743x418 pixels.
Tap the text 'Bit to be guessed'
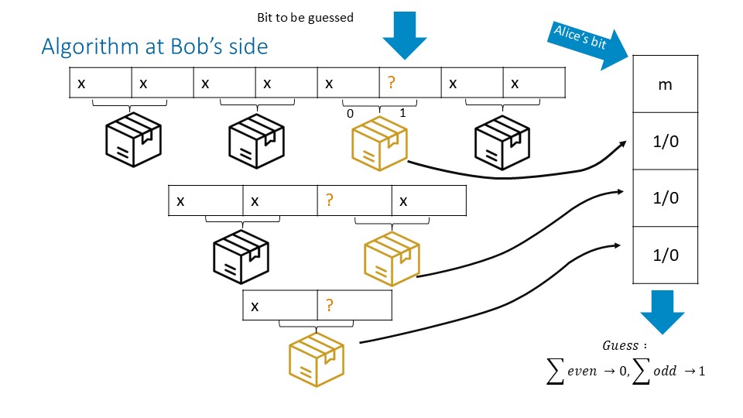(x=305, y=17)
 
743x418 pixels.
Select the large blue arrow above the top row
(x=404, y=35)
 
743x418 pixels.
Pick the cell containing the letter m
(x=665, y=84)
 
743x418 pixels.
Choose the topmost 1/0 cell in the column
(x=665, y=141)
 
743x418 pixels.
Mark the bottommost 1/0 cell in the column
(x=665, y=255)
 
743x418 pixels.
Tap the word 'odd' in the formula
(x=665, y=371)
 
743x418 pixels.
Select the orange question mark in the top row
(x=391, y=83)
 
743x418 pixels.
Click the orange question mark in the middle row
(x=329, y=200)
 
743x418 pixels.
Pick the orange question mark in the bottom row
(x=329, y=305)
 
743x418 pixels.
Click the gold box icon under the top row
(x=379, y=143)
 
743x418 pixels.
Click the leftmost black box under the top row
(x=132, y=143)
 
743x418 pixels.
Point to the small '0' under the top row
(x=350, y=114)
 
